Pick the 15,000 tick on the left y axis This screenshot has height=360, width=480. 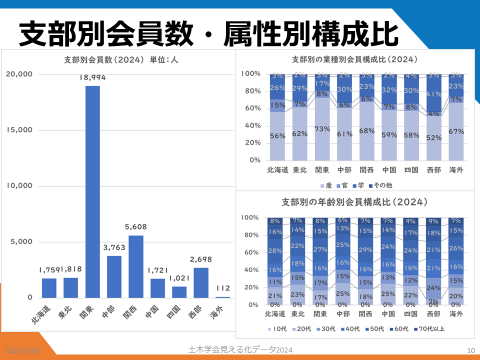(x=19, y=130)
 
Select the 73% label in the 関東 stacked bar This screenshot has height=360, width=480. (x=322, y=129)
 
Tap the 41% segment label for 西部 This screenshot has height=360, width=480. (x=433, y=94)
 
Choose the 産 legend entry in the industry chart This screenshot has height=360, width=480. (x=325, y=185)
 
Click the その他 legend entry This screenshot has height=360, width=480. (x=381, y=185)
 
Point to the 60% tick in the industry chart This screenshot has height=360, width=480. (x=251, y=108)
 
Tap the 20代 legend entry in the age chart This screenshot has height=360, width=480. (x=305, y=329)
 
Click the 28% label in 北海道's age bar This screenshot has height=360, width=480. (x=275, y=250)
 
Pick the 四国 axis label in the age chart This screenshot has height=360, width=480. (x=410, y=314)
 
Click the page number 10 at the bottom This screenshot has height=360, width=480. (x=470, y=350)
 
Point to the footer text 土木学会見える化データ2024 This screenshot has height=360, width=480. (x=240, y=349)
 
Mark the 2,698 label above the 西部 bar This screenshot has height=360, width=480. (x=201, y=259)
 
